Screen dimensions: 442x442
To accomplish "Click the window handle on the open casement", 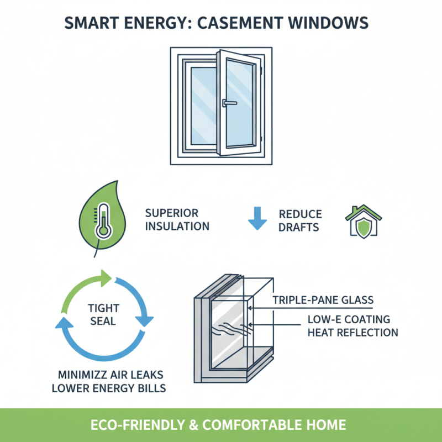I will click(x=227, y=103).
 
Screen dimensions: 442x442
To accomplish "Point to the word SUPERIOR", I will click(x=171, y=213).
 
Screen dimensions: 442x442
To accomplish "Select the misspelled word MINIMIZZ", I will click(x=75, y=374).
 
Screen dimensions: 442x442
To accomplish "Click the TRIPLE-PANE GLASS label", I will click(x=323, y=300).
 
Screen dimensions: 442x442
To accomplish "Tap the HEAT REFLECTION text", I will click(x=352, y=332).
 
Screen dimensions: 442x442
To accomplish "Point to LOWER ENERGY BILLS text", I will click(x=108, y=388).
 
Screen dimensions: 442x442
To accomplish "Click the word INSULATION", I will click(x=177, y=226).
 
